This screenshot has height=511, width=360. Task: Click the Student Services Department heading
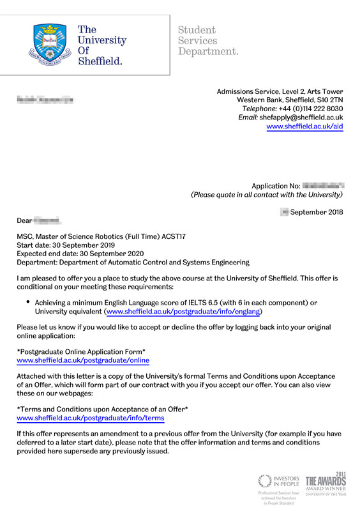click(x=208, y=40)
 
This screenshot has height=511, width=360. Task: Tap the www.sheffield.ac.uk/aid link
click(x=304, y=126)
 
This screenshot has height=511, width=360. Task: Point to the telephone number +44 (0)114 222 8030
click(x=310, y=109)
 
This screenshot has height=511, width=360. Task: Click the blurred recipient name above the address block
click(x=45, y=100)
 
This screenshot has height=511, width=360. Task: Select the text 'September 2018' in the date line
click(x=317, y=212)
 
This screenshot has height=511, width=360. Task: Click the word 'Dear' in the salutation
click(x=24, y=220)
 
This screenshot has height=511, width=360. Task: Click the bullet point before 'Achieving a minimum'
click(x=28, y=301)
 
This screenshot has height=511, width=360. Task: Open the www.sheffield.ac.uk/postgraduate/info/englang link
click(x=183, y=312)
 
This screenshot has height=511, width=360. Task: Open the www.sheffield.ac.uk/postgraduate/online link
click(x=82, y=360)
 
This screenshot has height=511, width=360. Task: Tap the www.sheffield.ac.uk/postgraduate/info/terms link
click(x=90, y=418)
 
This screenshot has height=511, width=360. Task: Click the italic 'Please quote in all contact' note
click(x=267, y=195)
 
